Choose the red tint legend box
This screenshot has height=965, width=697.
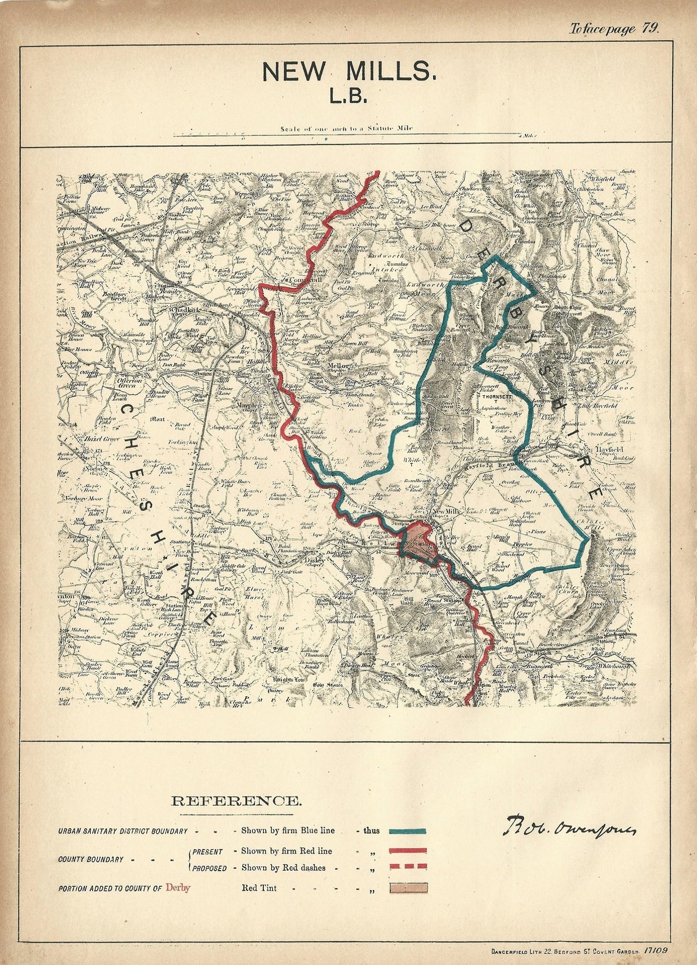pyautogui.click(x=408, y=888)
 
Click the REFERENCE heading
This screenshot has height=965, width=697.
pyautogui.click(x=236, y=801)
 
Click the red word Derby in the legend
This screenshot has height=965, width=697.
pyautogui.click(x=178, y=888)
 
